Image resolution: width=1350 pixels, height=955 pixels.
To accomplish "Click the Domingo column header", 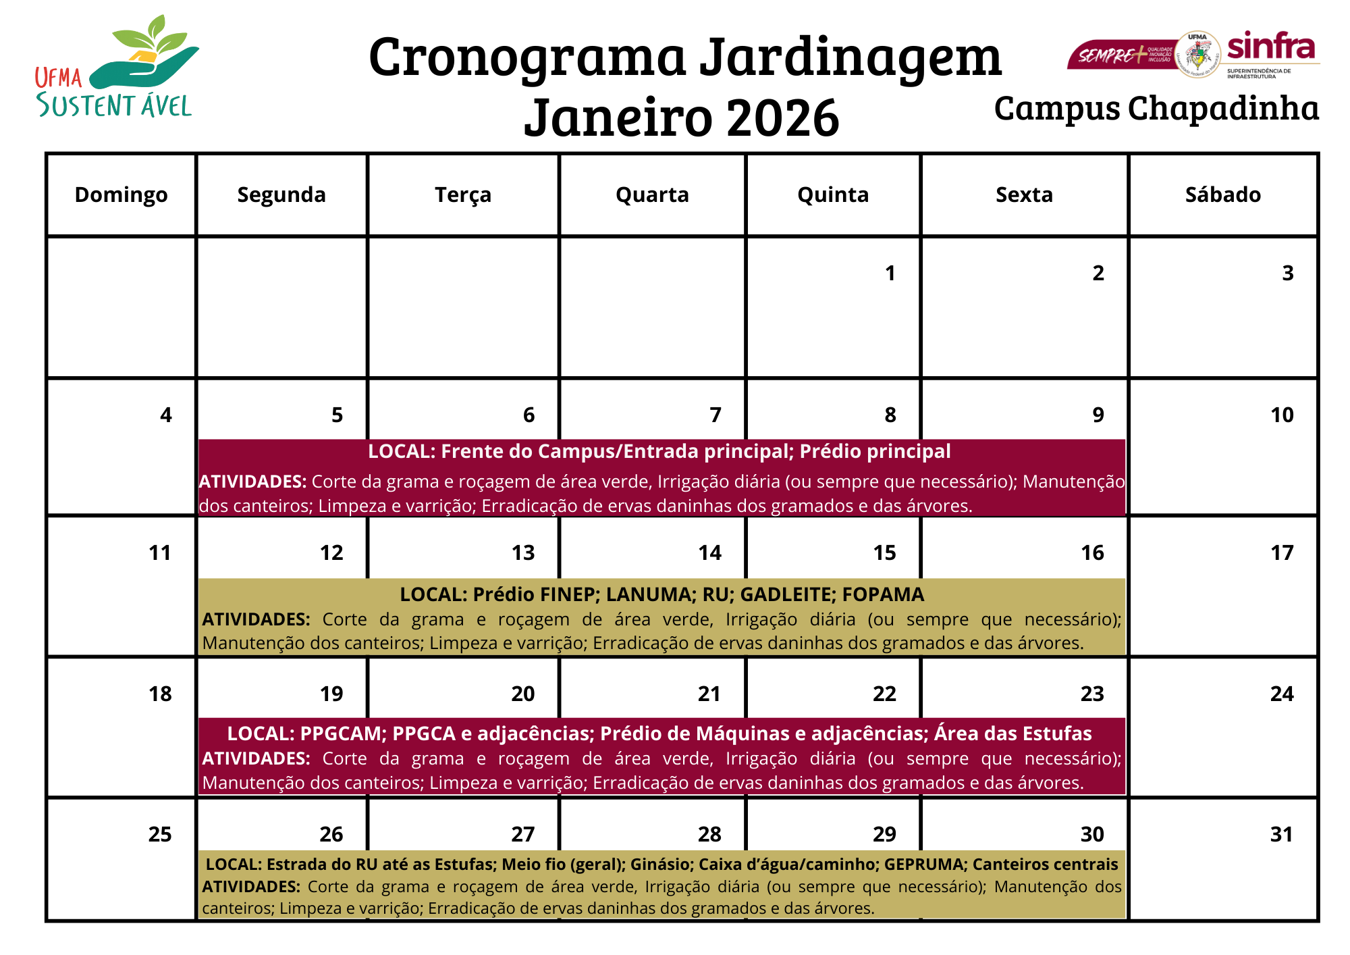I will tap(121, 195).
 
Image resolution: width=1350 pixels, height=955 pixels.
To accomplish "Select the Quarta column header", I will tap(652, 195).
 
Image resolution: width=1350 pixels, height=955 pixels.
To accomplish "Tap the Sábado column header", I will tap(1222, 195).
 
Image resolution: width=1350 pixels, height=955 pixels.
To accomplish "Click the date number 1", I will tap(890, 273).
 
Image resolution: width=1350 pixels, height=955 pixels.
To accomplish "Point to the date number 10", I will tap(1282, 415).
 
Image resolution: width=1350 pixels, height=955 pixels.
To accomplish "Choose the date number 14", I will tap(709, 553).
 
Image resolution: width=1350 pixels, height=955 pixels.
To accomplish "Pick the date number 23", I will tap(1092, 694).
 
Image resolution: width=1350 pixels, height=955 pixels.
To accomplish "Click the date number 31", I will tap(1281, 835).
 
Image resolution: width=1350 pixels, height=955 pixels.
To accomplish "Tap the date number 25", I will tap(160, 835).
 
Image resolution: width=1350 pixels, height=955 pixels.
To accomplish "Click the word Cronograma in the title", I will tap(527, 57).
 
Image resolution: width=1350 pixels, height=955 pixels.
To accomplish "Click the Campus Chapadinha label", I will tap(1156, 108).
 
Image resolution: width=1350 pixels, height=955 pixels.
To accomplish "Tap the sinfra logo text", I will tap(1270, 47).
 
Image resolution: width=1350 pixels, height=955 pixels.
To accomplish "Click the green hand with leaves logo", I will tap(145, 57).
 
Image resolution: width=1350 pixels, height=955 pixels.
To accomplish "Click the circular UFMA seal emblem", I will tap(1197, 54).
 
